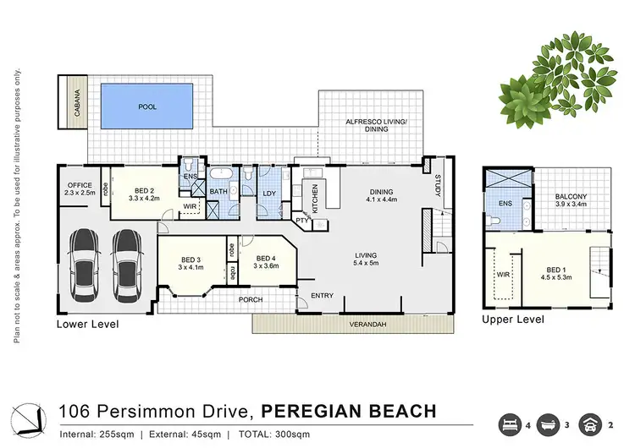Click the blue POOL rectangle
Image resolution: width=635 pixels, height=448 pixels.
(148, 107)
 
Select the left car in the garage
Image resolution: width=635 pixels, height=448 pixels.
(85, 266)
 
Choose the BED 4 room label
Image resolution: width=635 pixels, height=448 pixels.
(266, 262)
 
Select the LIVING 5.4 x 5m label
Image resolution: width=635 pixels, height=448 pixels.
(366, 260)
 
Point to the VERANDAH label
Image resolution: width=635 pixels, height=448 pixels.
(351, 325)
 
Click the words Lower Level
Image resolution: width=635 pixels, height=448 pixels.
(87, 324)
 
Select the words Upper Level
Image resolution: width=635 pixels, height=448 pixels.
(511, 320)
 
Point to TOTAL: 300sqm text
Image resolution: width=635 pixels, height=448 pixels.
(274, 434)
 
